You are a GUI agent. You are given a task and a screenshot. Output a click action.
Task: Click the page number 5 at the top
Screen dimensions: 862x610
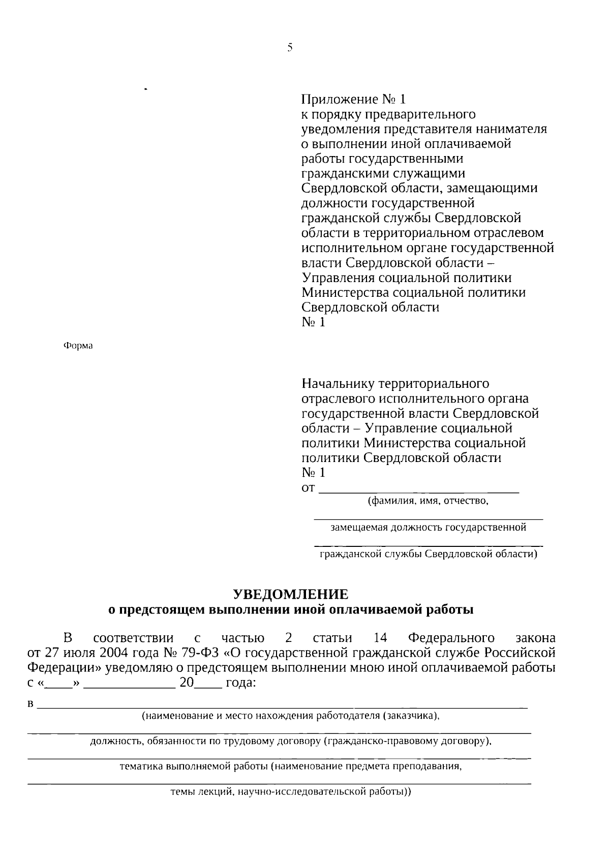(290, 48)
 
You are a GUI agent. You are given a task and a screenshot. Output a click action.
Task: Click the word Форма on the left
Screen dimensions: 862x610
(78, 346)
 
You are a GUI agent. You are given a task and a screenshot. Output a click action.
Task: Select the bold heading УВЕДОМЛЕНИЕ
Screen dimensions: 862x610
(291, 594)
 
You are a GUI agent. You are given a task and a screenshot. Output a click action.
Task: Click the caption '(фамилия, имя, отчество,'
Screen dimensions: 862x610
(428, 502)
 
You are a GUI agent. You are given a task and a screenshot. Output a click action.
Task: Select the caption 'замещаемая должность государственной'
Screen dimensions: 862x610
(428, 528)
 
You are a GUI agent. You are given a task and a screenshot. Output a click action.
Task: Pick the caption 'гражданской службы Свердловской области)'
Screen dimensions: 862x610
(428, 554)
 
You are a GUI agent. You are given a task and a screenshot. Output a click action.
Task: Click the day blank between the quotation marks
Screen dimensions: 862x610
(59, 684)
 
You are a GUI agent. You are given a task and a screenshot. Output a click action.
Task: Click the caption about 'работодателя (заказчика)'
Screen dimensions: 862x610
(290, 716)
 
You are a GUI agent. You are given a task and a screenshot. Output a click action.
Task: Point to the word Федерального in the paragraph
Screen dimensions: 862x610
(451, 638)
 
